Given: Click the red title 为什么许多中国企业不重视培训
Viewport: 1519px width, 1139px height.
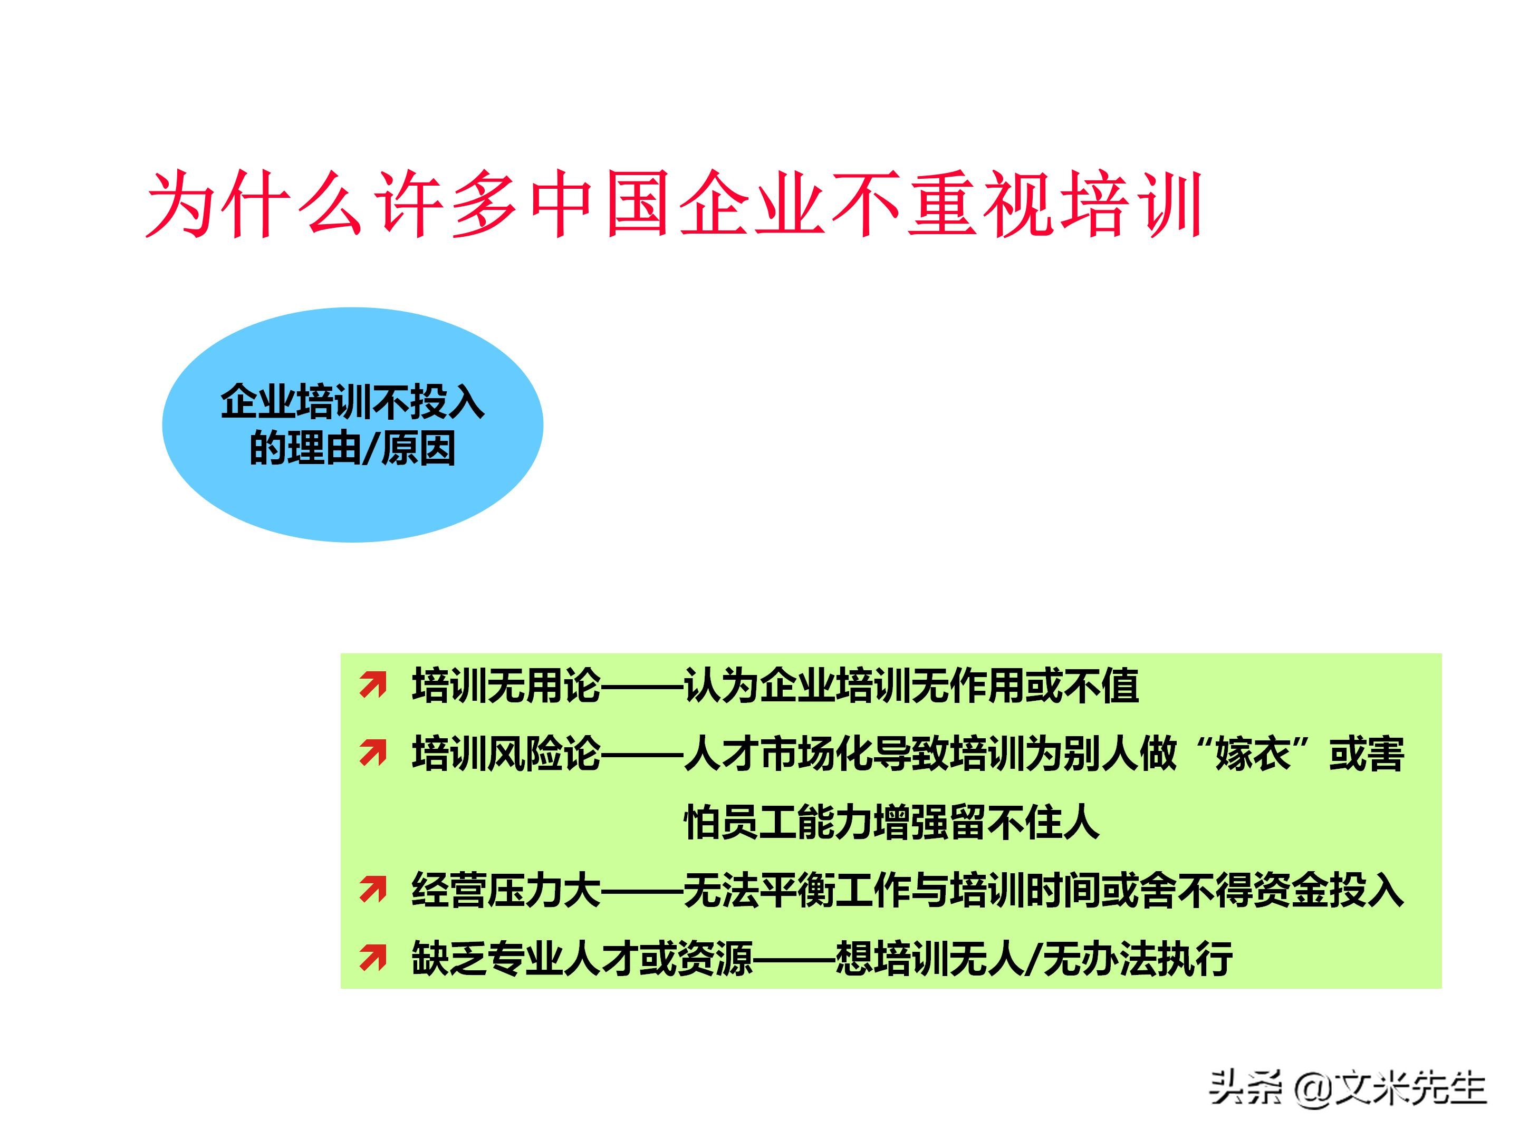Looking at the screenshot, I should click(673, 205).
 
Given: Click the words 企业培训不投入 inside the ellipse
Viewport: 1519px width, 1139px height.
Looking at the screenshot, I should click(352, 402).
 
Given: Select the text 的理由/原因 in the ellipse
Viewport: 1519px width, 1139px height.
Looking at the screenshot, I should click(352, 449).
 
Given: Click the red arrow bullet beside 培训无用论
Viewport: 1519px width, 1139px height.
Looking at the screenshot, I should click(373, 685).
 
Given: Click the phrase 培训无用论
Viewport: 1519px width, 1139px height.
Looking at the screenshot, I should click(506, 685).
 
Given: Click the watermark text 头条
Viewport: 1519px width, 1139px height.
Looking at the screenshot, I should click(1245, 1088).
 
